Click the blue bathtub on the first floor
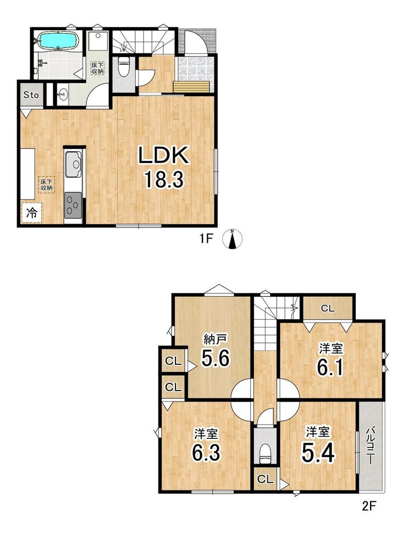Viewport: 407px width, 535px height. click(58, 41)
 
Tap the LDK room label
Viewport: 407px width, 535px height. click(163, 155)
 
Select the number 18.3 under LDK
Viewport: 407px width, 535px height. click(164, 180)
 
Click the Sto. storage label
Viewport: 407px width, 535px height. click(32, 95)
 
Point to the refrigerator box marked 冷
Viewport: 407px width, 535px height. click(31, 213)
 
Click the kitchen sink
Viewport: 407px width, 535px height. click(74, 164)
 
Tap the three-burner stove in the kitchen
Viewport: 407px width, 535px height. click(73, 205)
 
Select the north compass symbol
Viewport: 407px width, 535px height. click(233, 238)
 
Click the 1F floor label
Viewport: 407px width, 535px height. click(206, 239)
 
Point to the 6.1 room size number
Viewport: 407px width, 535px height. click(330, 367)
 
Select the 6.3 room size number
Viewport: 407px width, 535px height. click(206, 453)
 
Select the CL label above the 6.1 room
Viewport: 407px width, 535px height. click(328, 309)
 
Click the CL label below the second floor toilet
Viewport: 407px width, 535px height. click(266, 480)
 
